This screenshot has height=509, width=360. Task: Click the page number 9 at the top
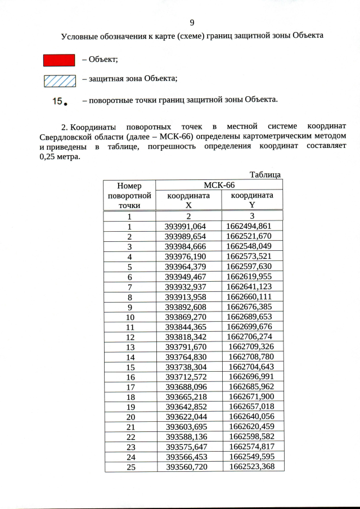(192, 22)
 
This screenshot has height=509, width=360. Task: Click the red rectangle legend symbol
(59, 60)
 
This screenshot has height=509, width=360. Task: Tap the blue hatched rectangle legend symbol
(59, 80)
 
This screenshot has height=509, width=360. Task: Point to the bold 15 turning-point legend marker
(60, 101)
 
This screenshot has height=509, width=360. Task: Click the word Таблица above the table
(264, 174)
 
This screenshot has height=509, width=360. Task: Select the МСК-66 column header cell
(219, 185)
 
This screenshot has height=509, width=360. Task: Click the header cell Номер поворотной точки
(129, 196)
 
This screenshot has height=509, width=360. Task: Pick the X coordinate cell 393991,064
(186, 226)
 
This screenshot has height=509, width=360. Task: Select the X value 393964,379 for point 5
(186, 267)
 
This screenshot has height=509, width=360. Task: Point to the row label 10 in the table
(129, 317)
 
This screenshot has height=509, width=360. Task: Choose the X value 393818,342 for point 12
(186, 336)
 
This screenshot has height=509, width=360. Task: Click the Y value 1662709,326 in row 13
(251, 346)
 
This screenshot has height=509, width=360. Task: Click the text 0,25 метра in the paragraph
(60, 157)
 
